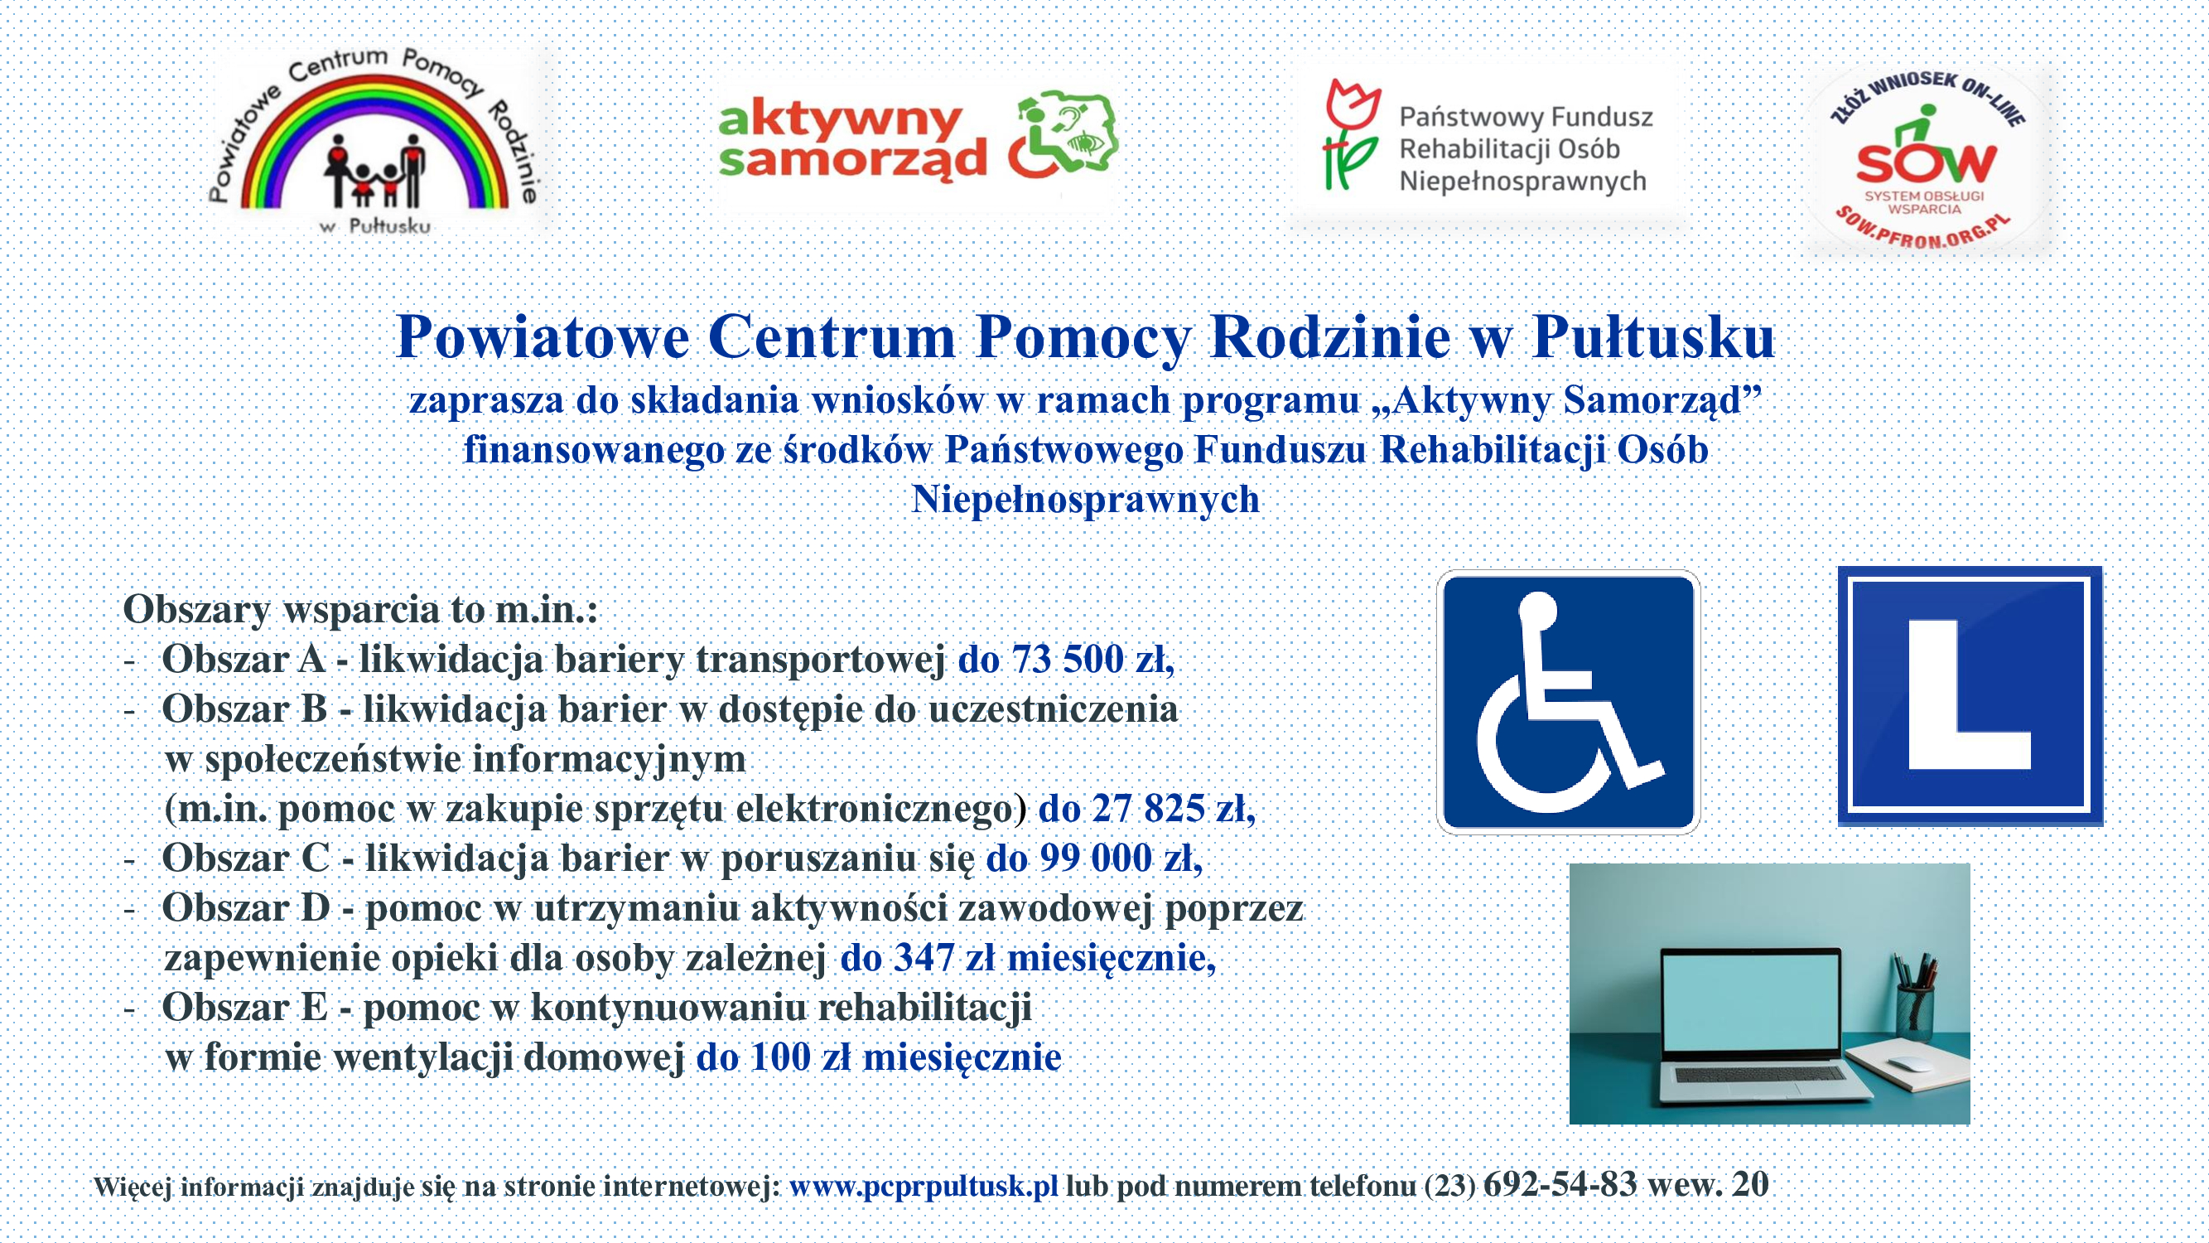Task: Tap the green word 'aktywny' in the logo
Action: (840, 120)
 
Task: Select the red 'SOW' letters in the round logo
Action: (1925, 162)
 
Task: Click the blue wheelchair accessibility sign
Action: (1568, 701)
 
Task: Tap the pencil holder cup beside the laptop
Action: (1914, 1014)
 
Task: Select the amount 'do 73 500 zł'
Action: (1065, 660)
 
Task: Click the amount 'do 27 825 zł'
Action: (1146, 809)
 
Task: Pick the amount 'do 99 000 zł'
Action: (1093, 858)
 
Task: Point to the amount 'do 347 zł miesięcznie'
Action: (1026, 958)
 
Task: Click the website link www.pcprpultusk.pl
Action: (923, 1187)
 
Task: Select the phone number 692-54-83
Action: (1560, 1185)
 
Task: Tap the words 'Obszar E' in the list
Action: (244, 1008)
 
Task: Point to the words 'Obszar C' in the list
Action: (245, 858)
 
